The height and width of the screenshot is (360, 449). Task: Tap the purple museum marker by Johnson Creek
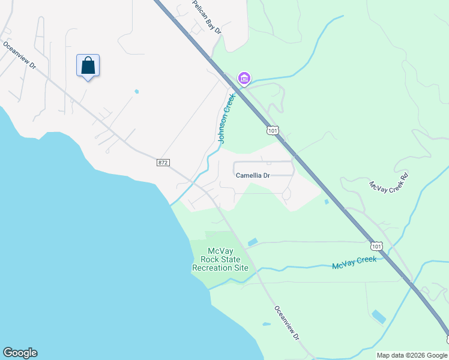(x=244, y=78)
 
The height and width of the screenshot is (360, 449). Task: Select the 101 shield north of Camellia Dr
(x=273, y=130)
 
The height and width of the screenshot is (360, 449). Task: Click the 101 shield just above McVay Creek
(x=376, y=246)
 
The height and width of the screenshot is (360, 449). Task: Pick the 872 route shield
(x=163, y=163)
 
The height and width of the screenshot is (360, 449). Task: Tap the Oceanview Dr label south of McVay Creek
(x=287, y=323)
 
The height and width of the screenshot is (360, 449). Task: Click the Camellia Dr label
(x=253, y=176)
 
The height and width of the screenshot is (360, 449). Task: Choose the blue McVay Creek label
(x=354, y=262)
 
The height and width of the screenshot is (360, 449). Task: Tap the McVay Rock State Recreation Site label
(x=220, y=260)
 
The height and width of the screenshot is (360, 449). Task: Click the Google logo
(x=20, y=353)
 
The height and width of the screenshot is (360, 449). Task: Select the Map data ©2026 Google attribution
(x=412, y=355)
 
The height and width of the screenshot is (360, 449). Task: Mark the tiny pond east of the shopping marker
(x=137, y=92)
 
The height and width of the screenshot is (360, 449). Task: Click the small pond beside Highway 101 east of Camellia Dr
(x=326, y=202)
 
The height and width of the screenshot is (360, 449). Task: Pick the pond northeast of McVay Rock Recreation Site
(x=253, y=242)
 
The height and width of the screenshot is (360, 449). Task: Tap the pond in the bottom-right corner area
(x=379, y=316)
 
